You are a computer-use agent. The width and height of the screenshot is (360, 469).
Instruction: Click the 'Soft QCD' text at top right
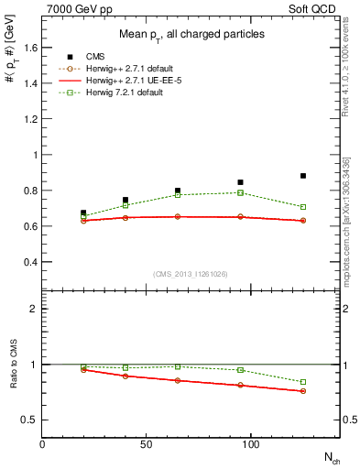tap(315, 7)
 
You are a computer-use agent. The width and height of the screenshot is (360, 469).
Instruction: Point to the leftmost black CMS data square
tap(83, 213)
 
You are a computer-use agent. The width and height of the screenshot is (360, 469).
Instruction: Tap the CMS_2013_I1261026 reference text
tap(190, 275)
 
